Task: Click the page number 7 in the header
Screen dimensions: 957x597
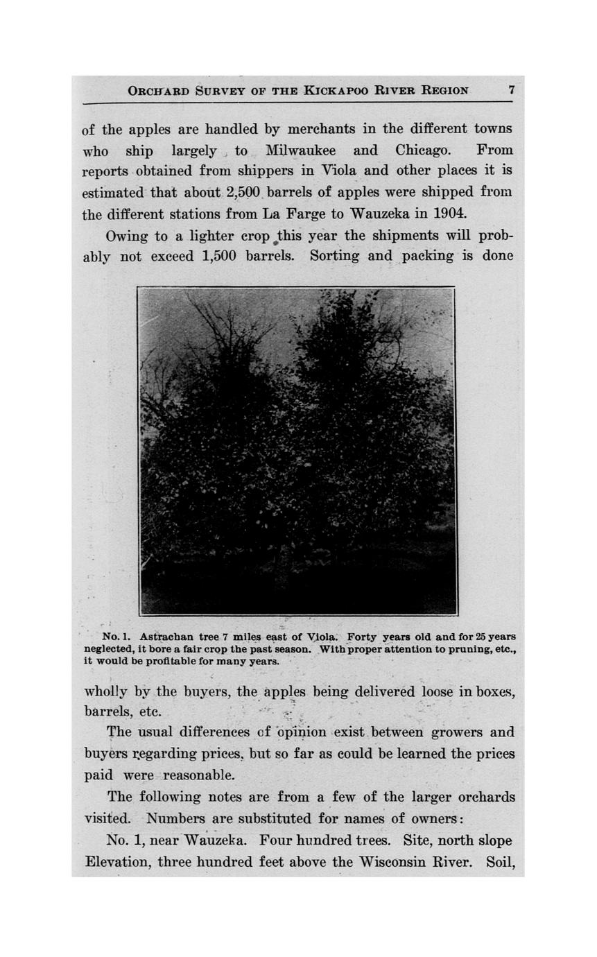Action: point(511,89)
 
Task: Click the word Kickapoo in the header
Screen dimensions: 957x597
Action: point(336,90)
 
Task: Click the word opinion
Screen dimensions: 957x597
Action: point(302,732)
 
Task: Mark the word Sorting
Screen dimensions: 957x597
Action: point(335,256)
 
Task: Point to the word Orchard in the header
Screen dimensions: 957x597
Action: point(158,90)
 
